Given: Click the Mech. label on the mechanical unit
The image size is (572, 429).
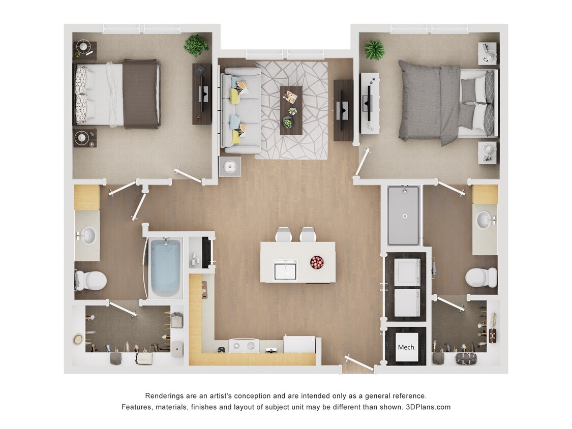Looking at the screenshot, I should tap(406, 348).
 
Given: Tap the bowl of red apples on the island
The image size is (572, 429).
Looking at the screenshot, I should tap(317, 262).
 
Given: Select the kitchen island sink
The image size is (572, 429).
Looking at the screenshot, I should tap(285, 269).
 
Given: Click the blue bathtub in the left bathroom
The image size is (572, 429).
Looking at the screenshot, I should tap(165, 267).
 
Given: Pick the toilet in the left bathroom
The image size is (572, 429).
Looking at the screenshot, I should tap(92, 280).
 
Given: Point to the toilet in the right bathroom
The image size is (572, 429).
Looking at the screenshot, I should tap(480, 278).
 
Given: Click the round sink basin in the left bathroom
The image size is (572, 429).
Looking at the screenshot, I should tap(88, 235).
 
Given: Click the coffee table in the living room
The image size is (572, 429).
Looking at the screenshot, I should tap(291, 110).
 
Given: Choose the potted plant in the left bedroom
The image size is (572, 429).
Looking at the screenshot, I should tap(196, 45).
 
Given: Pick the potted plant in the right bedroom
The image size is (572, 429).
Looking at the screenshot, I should tap(374, 50).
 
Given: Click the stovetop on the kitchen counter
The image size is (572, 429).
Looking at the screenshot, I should tap(244, 346).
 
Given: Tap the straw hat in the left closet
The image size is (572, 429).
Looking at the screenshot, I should tap(78, 339).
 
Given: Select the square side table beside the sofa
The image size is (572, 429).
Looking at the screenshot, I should tap(229, 166).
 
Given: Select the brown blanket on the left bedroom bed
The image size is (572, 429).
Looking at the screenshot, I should tap(140, 94).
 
